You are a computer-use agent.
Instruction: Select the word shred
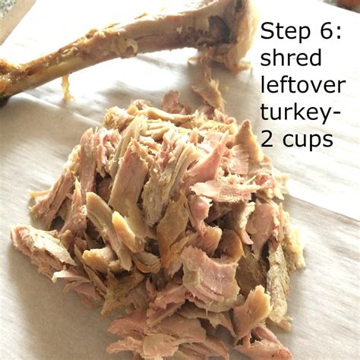[x=291, y=57]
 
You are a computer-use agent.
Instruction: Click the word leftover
[x=303, y=84]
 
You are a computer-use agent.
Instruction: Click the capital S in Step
[x=268, y=31]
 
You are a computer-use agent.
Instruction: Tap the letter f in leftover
[x=282, y=84]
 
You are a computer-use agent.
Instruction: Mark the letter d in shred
[x=315, y=57]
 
